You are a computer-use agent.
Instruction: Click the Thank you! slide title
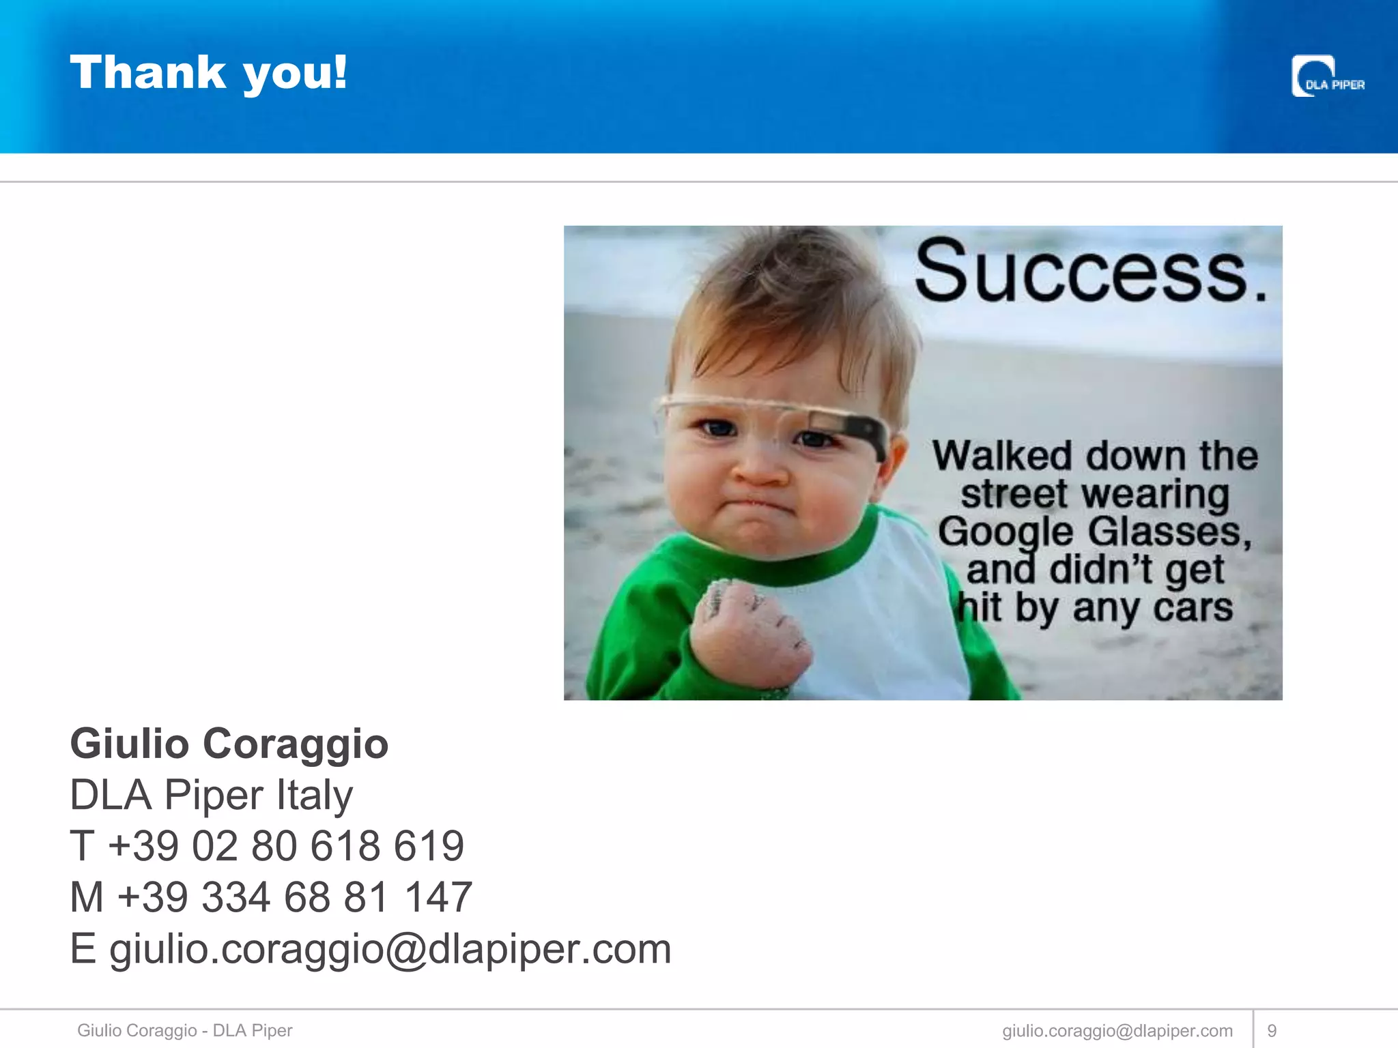208,72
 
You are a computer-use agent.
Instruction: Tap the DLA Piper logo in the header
1327,77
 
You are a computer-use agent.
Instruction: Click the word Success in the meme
1083,272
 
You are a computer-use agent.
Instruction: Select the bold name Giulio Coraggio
229,743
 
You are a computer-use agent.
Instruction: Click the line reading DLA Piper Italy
211,795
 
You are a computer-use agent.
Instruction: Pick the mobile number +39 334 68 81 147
294,897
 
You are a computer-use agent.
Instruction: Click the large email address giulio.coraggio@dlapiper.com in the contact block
390,948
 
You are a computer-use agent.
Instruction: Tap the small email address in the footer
1117,1030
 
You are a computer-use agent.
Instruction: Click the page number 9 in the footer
1272,1030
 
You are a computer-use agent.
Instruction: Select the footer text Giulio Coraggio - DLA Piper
184,1030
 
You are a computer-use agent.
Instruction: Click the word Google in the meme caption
1005,532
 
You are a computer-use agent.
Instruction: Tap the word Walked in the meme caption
1002,456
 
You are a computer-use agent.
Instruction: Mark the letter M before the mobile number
87,897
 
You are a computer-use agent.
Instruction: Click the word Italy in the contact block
315,795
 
